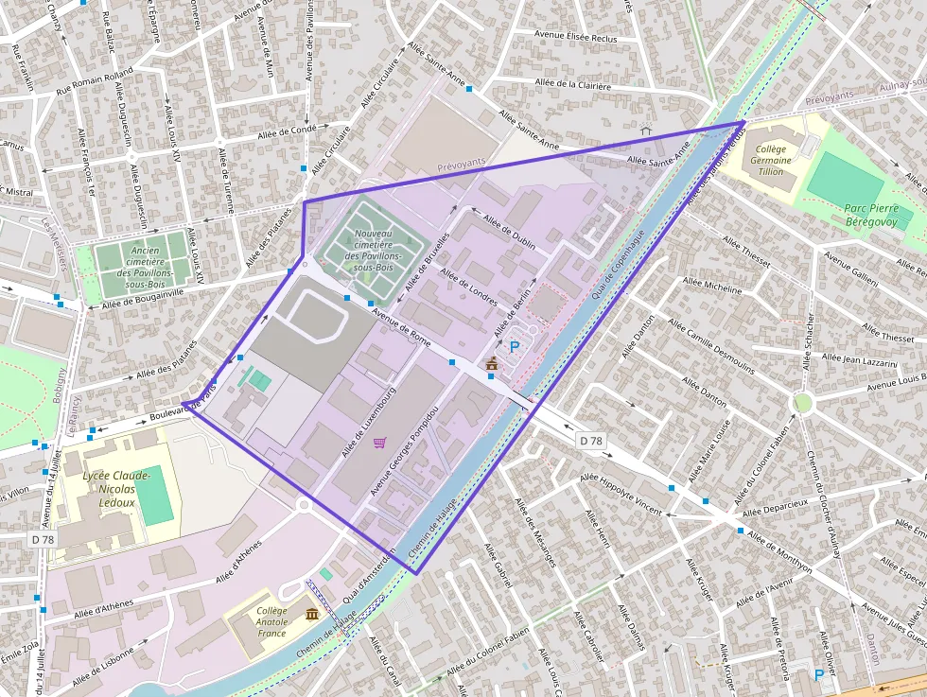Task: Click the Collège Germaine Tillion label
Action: [772, 160]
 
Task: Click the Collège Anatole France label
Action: [271, 621]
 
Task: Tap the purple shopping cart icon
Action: [379, 442]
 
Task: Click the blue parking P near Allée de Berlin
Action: [515, 347]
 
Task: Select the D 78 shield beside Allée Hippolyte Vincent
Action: [591, 441]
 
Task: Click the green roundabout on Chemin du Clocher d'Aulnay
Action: [803, 404]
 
